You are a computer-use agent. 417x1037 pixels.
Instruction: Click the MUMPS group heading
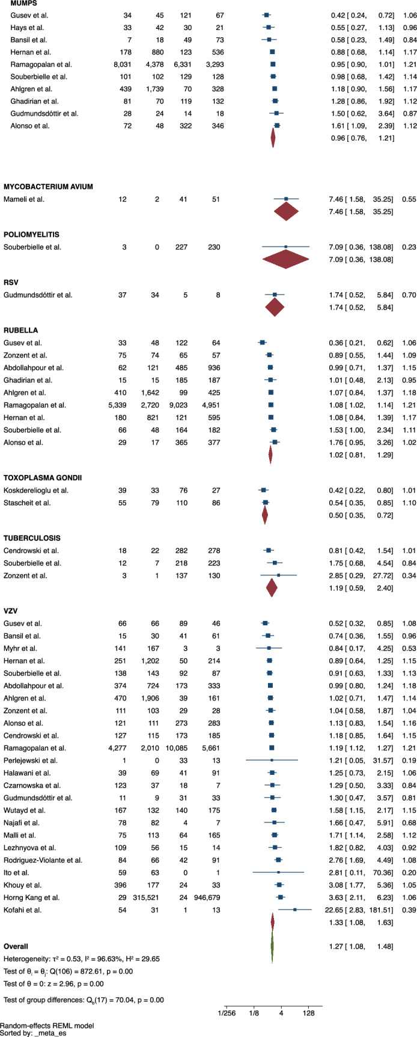point(20,3)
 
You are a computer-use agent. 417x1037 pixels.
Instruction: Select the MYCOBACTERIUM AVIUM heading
point(48,187)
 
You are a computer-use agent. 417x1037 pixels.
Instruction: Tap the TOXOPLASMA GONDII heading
point(42,478)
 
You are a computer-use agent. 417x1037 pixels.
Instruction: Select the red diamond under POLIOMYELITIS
point(286,259)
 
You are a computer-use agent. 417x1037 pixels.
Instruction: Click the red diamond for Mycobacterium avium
point(286,212)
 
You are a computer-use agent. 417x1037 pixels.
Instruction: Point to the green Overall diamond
point(272,946)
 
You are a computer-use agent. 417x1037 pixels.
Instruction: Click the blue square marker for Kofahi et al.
point(294,910)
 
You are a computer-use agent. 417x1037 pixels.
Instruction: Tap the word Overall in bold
point(16,946)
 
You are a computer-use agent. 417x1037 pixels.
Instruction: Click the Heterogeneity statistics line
point(81,959)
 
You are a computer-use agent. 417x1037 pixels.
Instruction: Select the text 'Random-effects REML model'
point(47,1025)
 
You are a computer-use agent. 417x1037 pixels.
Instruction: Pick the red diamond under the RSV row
point(275,308)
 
